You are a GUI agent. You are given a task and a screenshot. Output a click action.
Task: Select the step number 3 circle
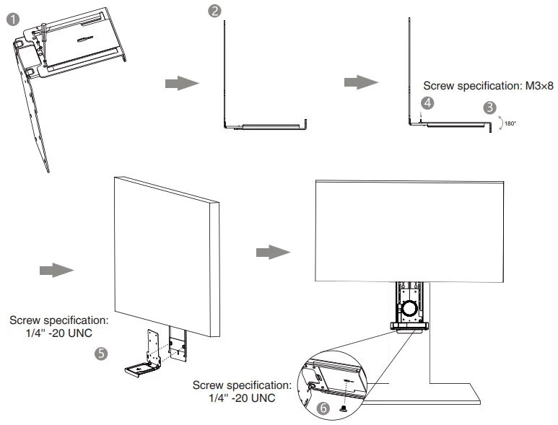pyautogui.click(x=490, y=108)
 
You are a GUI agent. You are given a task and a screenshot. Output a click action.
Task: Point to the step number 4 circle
pyautogui.click(x=428, y=103)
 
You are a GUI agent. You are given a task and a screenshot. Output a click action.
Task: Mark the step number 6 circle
pyautogui.click(x=325, y=408)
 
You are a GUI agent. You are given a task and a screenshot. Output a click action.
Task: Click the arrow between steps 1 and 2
pyautogui.click(x=181, y=84)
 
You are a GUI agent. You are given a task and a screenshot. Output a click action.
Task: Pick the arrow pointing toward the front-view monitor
pyautogui.click(x=274, y=252)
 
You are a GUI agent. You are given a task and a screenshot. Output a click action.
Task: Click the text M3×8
pyautogui.click(x=533, y=85)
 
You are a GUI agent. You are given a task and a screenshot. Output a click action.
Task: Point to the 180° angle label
pyautogui.click(x=510, y=124)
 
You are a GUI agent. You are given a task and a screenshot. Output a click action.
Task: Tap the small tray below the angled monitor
pyautogui.click(x=139, y=369)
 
